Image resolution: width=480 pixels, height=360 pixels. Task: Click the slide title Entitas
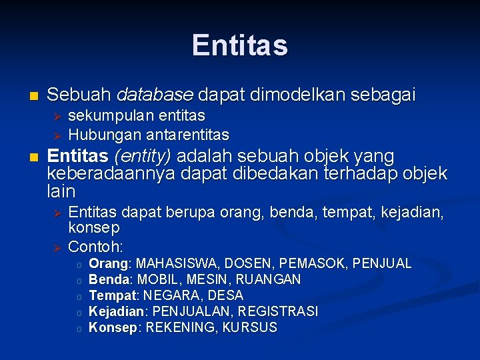coord(240,45)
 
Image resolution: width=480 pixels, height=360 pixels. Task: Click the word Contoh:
coord(96,246)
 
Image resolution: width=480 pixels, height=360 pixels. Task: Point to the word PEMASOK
coord(313,263)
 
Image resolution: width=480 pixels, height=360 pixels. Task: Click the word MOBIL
coord(157,279)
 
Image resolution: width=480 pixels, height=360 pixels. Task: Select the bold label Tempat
coord(111,295)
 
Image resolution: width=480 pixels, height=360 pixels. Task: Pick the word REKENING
coord(180,327)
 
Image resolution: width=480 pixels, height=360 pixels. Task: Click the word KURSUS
coord(250,327)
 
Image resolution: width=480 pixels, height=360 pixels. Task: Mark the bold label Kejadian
coord(116,311)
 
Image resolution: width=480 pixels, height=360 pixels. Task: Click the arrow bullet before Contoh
coord(57,247)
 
